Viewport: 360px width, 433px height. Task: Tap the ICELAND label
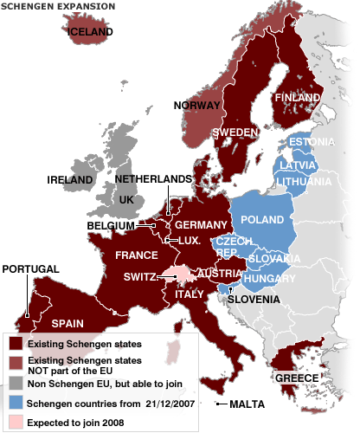pos(90,32)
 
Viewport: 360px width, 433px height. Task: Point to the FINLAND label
pos(299,98)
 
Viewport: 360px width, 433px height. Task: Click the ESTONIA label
pos(307,142)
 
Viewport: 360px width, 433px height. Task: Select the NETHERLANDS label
pos(153,178)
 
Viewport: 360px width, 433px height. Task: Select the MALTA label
pos(247,404)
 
